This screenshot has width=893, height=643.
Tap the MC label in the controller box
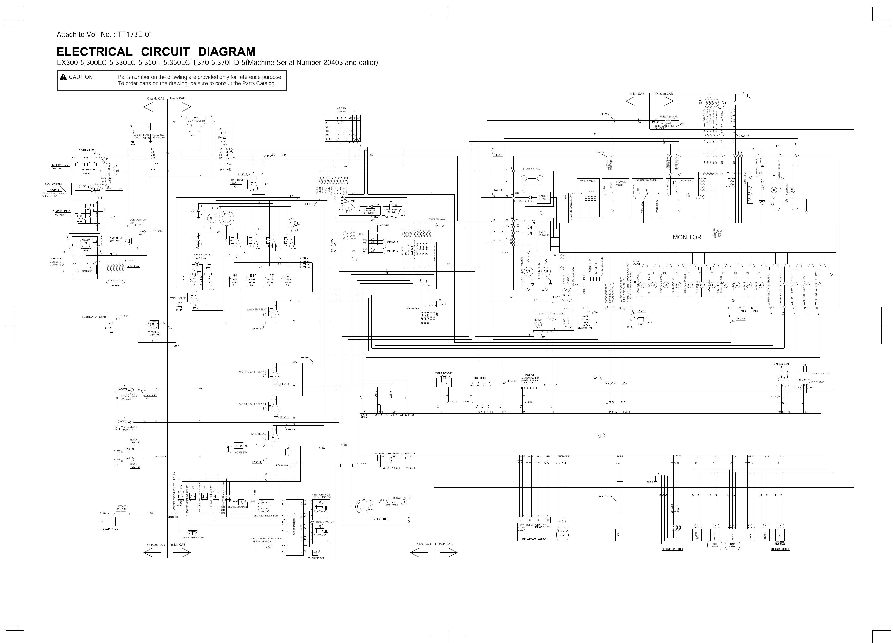click(601, 436)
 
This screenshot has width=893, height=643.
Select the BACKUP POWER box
click(543, 198)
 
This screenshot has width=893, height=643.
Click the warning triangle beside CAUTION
click(63, 77)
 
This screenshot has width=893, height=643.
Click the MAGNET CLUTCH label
click(110, 530)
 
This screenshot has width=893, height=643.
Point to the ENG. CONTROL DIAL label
click(551, 314)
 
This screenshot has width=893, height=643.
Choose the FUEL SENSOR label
click(668, 117)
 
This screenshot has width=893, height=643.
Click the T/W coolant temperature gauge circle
click(528, 272)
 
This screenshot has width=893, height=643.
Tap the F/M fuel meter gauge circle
click(546, 272)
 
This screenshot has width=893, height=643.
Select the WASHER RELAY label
click(256, 309)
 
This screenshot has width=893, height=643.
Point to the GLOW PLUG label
click(133, 267)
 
